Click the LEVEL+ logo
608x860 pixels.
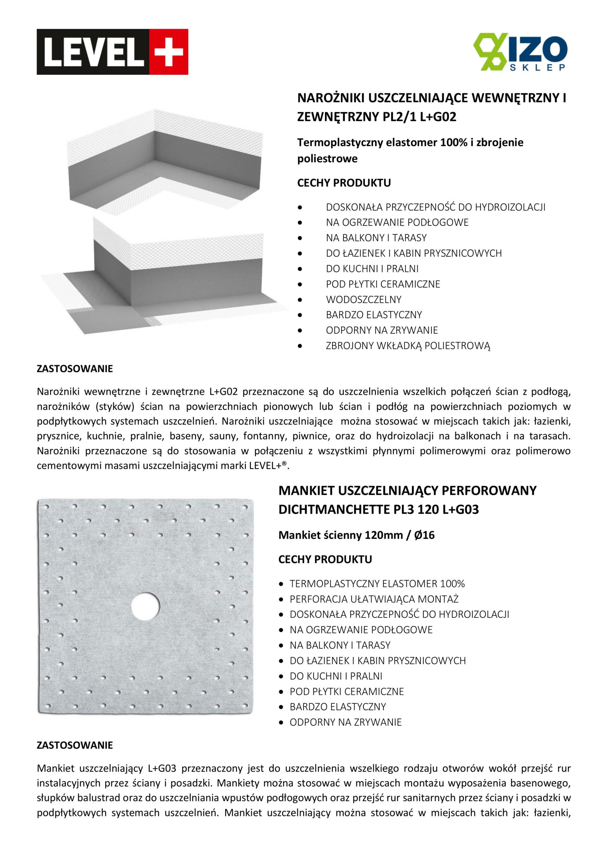112,52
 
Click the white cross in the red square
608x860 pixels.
169,52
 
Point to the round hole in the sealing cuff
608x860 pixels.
145,605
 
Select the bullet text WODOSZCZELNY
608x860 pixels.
364,299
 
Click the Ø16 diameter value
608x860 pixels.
425,535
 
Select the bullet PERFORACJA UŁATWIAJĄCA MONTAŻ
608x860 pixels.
374,599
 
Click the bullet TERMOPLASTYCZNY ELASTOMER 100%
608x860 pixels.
377,584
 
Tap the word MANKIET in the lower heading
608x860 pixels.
306,490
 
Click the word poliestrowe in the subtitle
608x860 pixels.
327,159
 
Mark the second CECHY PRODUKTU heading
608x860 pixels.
325,559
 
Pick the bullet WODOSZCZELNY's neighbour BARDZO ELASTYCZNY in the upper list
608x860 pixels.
374,315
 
